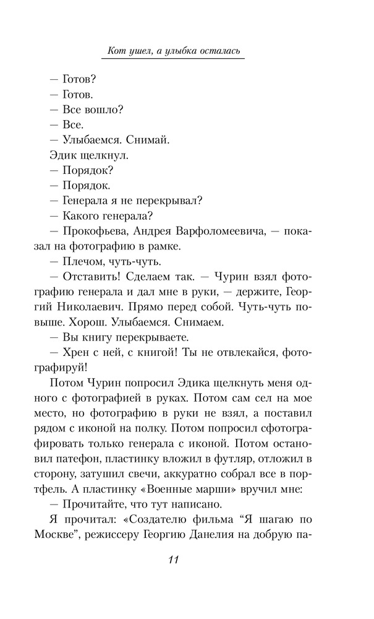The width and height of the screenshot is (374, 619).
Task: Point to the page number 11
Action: coord(173,560)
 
